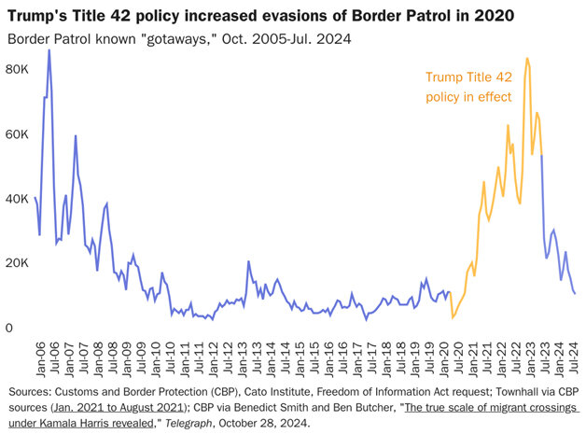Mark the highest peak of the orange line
pyautogui.click(x=527, y=59)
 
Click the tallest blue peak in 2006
pyautogui.click(x=49, y=50)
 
